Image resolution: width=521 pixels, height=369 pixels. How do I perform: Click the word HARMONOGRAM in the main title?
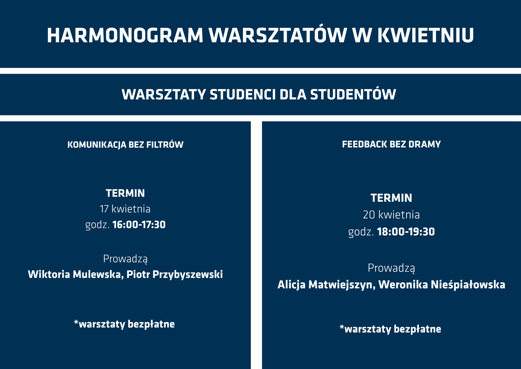pos(125,35)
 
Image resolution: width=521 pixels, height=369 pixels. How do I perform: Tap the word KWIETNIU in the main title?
pos(425,35)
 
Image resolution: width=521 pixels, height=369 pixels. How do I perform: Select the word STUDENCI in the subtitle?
pos(243,94)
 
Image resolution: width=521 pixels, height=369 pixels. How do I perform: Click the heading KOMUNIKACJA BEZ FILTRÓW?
pos(125,144)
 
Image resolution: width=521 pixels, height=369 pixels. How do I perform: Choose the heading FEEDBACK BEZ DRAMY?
pos(391,144)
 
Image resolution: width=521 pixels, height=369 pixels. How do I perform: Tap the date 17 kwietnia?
pos(125,209)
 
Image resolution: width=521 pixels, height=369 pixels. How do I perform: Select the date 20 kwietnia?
pos(391,215)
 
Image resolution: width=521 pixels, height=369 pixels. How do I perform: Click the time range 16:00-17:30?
pos(139,225)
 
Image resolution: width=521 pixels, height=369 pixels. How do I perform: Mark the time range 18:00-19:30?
pos(406,232)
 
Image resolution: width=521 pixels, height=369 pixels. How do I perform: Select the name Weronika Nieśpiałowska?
pos(442,285)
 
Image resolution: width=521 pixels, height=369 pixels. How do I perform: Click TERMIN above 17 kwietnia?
pos(125,193)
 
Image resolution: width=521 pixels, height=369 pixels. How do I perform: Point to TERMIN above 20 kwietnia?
pos(391,198)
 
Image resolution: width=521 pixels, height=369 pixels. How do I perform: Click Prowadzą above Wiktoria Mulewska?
pos(125,259)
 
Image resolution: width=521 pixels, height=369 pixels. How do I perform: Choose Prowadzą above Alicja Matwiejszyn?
pos(391,268)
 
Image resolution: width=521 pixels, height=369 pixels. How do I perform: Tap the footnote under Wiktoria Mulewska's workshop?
pos(124,324)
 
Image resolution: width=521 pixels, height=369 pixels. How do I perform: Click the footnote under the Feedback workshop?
pos(390,329)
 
